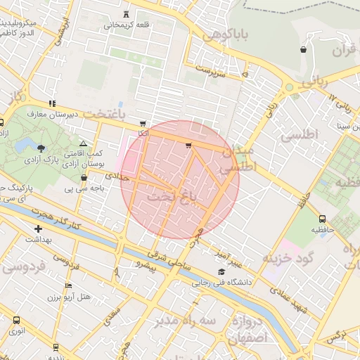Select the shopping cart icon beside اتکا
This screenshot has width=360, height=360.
coord(143,124)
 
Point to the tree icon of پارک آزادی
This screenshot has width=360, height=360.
coord(41,148)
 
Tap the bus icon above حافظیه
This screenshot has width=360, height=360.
coord(322,219)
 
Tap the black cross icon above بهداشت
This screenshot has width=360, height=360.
coord(38,229)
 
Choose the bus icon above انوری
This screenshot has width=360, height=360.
coord(15,320)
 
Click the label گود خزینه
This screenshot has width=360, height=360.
coord(288,258)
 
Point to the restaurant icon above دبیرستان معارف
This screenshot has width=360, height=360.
coord(51,103)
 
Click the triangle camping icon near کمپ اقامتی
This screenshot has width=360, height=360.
coord(83,143)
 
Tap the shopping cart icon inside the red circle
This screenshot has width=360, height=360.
coord(188,146)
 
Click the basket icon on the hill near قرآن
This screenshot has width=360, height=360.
coord(303,49)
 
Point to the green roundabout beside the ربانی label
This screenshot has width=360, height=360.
coord(289,88)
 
